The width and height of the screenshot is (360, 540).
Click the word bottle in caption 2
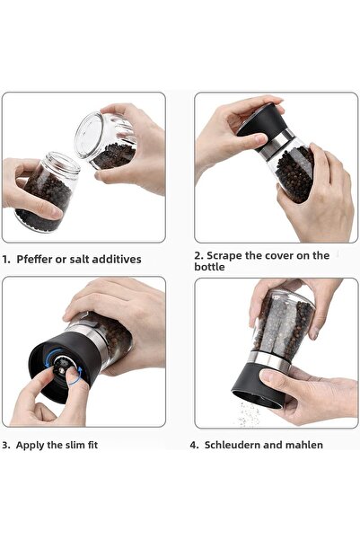pyautogui.click(x=210, y=267)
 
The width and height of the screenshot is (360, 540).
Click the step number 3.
pyautogui.click(x=5, y=444)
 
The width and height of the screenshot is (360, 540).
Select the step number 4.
pyautogui.click(x=194, y=444)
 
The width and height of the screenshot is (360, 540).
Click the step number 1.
pyautogui.click(x=5, y=259)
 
